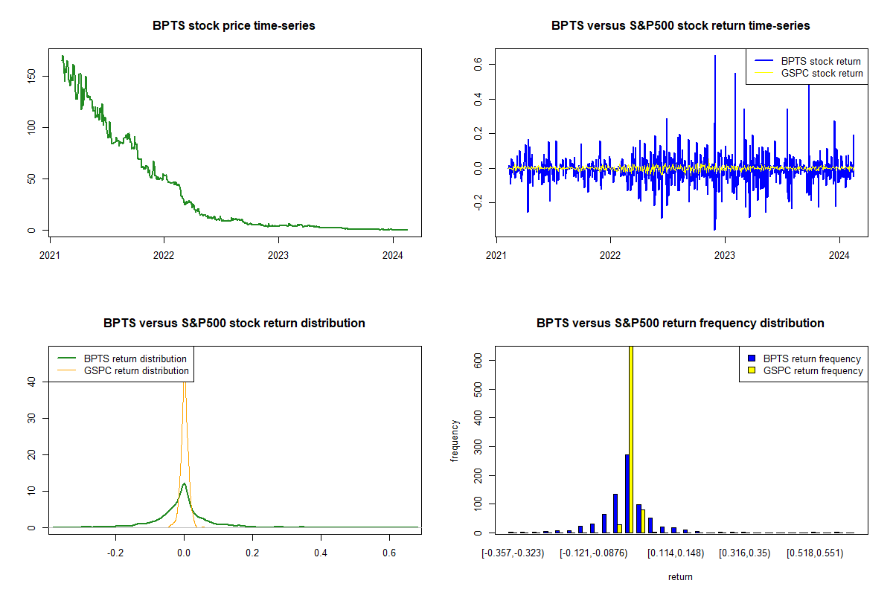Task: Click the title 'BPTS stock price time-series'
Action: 234,26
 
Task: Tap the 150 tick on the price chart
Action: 31,77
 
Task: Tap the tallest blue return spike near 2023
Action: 715,57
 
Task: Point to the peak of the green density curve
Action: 184,484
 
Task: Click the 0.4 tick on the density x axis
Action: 321,554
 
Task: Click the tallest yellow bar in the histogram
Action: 631,439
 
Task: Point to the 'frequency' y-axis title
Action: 455,441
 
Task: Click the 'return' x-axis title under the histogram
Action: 680,576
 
